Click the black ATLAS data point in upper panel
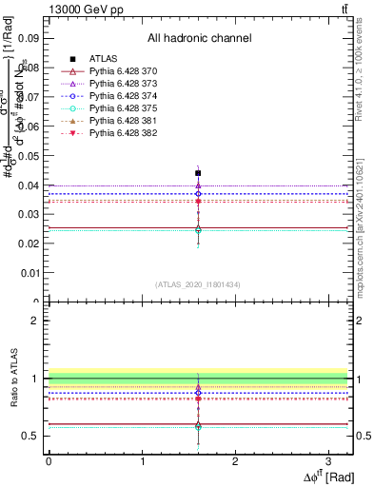[x=198, y=173]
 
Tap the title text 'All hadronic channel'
[x=199, y=39]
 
